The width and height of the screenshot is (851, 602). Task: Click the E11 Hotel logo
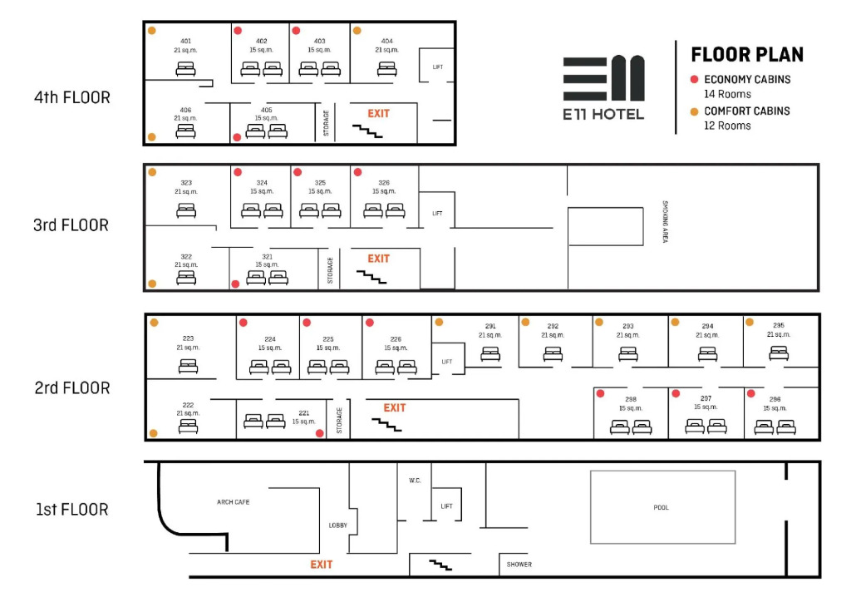click(x=603, y=86)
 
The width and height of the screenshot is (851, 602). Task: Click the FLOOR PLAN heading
click(x=747, y=55)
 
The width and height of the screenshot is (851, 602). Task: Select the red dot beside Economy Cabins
click(x=694, y=80)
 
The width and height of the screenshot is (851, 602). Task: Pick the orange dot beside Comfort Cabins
click(x=694, y=111)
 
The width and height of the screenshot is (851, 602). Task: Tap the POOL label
click(x=661, y=507)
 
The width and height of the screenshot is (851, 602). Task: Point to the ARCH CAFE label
click(x=233, y=502)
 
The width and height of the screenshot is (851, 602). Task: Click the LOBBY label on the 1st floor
click(x=337, y=526)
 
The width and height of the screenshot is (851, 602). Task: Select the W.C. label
click(x=415, y=481)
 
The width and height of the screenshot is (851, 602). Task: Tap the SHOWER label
click(x=519, y=565)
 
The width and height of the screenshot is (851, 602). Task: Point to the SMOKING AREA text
click(x=665, y=221)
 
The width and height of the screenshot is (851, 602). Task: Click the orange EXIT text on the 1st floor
click(x=322, y=565)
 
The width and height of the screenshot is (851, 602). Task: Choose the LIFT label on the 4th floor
click(x=437, y=67)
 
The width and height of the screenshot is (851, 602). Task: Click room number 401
click(x=186, y=41)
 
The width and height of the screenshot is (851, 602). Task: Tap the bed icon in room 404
click(x=386, y=69)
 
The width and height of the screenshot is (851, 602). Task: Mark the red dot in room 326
click(x=357, y=172)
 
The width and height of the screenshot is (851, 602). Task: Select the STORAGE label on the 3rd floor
click(x=330, y=270)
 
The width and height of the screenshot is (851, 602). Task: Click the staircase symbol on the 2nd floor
click(x=386, y=425)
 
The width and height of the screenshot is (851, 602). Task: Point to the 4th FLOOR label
click(x=72, y=97)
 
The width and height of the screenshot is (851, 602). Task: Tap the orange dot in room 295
click(x=749, y=322)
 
